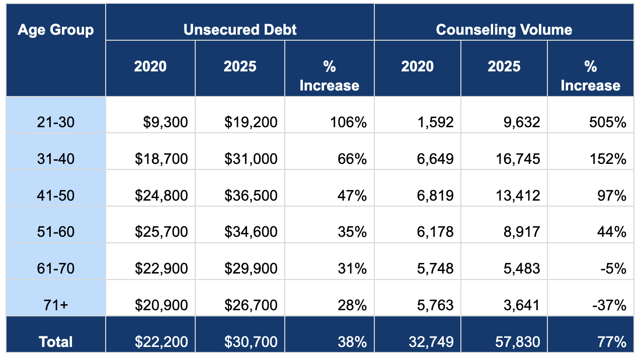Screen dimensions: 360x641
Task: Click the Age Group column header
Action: [55, 30]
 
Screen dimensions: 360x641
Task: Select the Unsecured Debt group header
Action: [240, 29]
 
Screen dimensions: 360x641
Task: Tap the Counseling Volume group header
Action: [504, 29]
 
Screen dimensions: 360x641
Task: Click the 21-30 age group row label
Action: [55, 122]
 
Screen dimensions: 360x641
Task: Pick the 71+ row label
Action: [55, 305]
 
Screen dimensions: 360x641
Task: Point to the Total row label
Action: [55, 342]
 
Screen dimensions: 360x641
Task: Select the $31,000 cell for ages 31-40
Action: [251, 159]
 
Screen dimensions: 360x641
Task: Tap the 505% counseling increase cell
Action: [607, 122]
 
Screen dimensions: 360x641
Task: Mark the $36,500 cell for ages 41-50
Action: [251, 196]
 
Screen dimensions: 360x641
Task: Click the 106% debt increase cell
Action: [348, 122]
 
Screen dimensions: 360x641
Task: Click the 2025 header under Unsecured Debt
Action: [240, 67]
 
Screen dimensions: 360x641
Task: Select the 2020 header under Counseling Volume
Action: [417, 67]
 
